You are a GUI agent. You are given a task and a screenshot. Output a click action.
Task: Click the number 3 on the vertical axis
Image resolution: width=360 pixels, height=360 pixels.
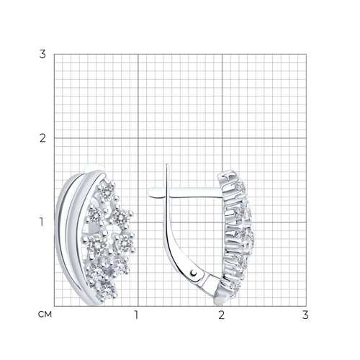click(42, 54)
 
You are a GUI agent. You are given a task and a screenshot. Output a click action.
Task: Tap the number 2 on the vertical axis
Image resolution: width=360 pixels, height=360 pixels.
click(42, 138)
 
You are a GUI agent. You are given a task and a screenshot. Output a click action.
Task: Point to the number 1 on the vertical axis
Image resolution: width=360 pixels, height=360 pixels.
click(42, 222)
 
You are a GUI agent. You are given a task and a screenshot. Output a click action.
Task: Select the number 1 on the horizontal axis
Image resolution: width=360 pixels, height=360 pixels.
click(136, 315)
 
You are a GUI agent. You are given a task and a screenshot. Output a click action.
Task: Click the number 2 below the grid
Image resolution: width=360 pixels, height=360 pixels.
click(221, 315)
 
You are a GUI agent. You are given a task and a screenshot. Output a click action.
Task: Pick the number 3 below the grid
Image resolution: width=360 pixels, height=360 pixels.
click(305, 315)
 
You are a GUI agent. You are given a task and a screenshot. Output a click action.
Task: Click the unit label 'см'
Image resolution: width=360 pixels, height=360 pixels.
click(45, 315)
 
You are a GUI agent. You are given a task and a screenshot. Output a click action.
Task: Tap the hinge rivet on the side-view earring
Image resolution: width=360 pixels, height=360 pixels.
click(194, 273)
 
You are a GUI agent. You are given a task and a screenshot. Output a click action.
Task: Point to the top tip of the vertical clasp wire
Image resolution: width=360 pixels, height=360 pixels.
click(167, 164)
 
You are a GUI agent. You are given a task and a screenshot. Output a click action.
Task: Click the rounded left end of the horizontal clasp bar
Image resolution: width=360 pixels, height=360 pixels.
click(150, 193)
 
